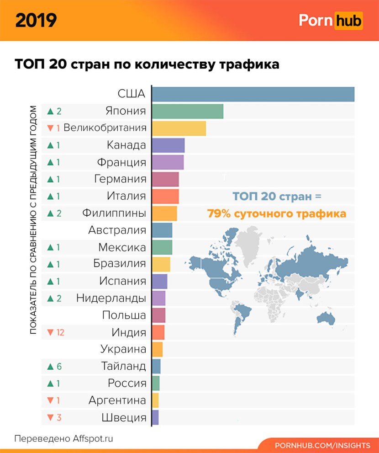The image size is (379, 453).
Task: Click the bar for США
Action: pos(253,94)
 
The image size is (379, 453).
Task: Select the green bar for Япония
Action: pos(187,111)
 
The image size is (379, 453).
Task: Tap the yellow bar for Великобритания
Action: pos(179,128)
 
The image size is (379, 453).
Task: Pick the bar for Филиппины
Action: pos(164,213)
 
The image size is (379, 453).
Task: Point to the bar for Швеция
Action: pos(155,417)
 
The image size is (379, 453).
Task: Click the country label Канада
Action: pos(126,145)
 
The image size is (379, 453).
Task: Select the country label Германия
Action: pos(121,179)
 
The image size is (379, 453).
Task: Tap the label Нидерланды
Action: pos(111,298)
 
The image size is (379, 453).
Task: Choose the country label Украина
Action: pos(123,350)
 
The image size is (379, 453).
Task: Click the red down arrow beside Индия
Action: pos(50,333)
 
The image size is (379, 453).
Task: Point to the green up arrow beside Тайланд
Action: pos(51,367)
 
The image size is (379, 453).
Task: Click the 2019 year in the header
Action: pos(36,20)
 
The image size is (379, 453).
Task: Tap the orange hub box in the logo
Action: pos(348,21)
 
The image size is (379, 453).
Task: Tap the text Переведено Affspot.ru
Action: pos(63,438)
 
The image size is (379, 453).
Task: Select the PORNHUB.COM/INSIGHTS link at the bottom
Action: pos(322,445)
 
